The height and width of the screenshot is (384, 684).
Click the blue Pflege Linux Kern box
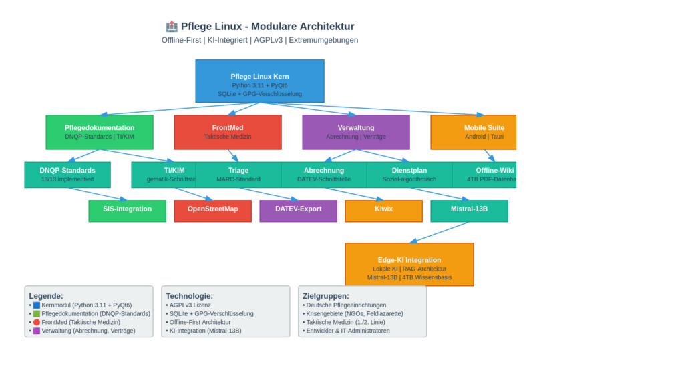[259, 81]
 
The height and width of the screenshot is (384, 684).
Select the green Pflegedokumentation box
[100, 132]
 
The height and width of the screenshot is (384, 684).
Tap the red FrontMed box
[228, 132]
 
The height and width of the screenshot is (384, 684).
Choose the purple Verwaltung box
[355, 132]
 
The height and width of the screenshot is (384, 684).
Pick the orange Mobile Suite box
[474, 132]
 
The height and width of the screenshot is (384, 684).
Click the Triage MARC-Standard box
[238, 175]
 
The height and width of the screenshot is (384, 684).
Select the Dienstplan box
[409, 175]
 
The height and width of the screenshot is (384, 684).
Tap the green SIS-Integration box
[127, 211]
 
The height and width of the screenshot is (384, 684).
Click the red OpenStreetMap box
[212, 211]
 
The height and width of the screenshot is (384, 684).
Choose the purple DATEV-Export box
[298, 211]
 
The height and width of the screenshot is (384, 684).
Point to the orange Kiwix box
[383, 211]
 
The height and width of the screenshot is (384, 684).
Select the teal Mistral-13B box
[469, 211]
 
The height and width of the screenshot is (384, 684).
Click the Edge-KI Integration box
[409, 264]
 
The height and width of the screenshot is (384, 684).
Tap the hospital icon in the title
[172, 27]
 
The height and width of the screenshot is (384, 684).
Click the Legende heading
[46, 296]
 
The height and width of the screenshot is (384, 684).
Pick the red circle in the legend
[37, 322]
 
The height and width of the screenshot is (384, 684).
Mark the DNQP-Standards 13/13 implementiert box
[67, 175]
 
